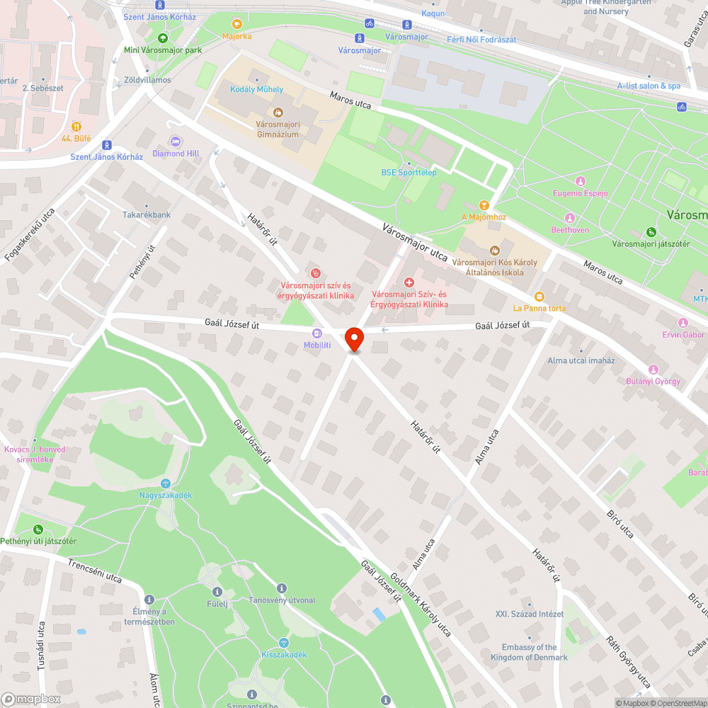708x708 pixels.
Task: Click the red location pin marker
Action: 354,339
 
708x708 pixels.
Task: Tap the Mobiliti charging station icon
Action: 317,333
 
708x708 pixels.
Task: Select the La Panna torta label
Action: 539,308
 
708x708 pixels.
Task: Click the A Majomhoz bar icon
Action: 484,205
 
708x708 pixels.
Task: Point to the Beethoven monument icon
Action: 570,218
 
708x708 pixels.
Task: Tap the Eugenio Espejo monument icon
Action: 580,181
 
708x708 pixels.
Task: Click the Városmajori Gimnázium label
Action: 278,129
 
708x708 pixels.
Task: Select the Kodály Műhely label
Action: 256,89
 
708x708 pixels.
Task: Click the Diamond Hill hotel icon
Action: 176,141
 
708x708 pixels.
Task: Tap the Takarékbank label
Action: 147,215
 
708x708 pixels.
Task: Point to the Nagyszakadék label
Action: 166,495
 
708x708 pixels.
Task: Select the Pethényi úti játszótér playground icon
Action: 38,529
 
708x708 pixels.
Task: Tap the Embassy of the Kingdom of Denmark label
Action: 529,652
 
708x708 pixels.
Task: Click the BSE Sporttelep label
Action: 409,172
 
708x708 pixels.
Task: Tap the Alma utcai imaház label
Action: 581,360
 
